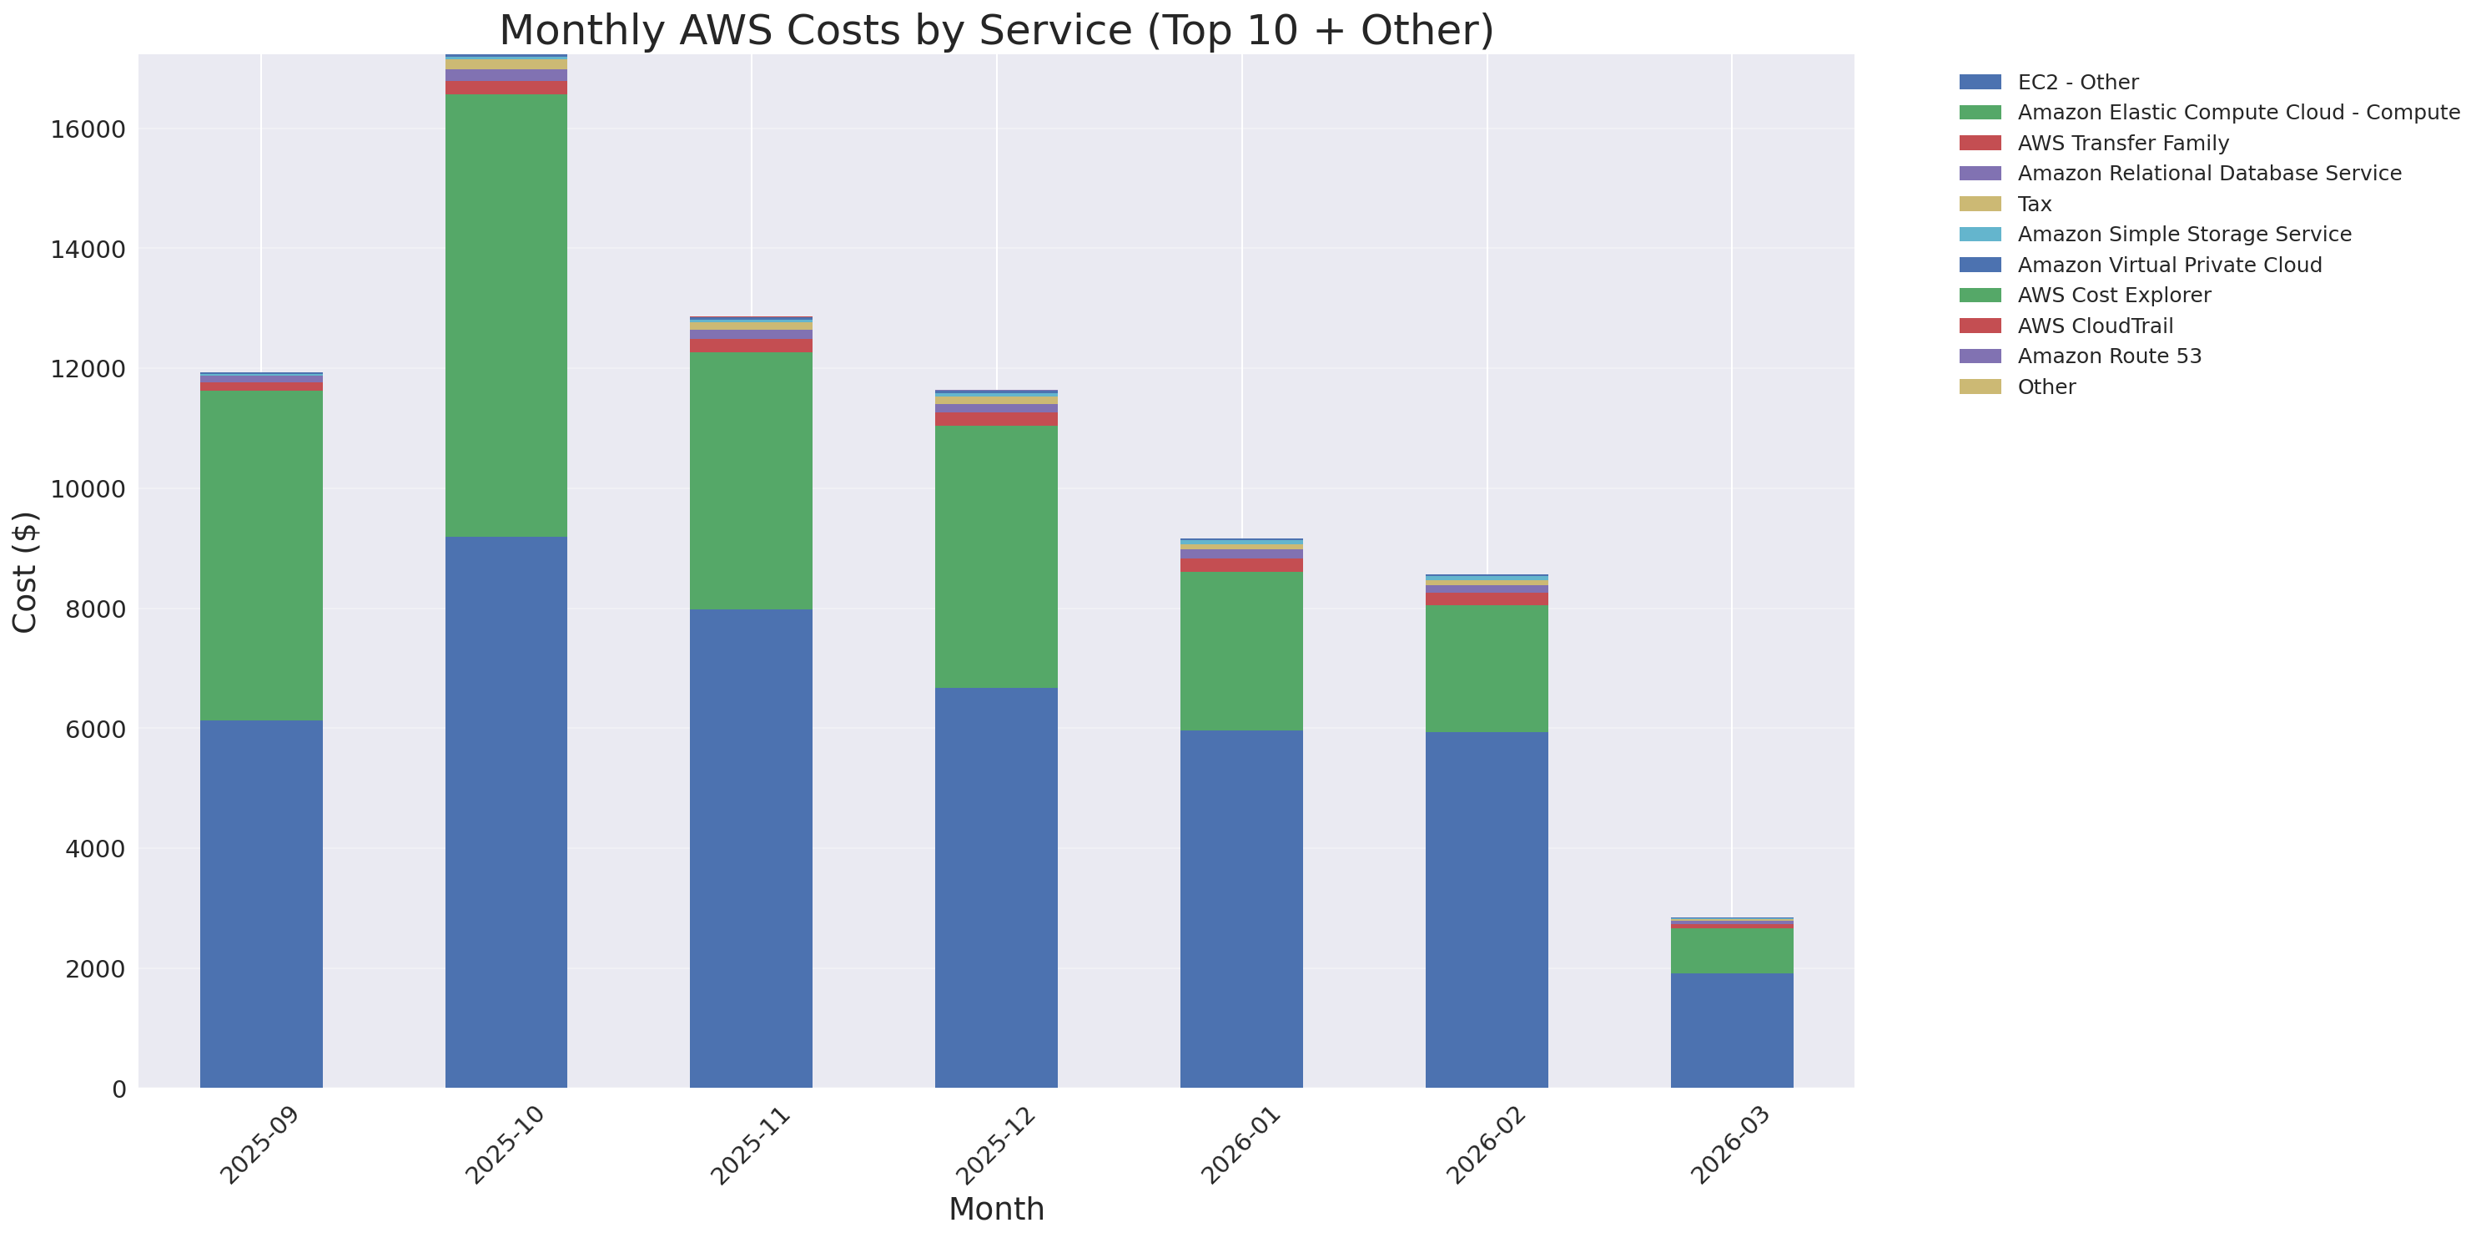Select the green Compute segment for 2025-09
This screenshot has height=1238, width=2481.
261,555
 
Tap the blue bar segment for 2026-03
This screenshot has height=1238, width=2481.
1731,1030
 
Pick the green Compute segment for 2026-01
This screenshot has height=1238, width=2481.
1240,650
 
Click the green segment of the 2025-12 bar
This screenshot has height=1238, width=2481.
996,556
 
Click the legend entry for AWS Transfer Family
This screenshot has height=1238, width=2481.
2123,143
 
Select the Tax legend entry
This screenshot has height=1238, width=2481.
2034,205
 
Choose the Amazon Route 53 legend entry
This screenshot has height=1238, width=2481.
2109,356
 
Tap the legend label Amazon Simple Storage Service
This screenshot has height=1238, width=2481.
2183,234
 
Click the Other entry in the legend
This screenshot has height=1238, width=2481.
2046,387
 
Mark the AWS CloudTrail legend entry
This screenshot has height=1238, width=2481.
2095,326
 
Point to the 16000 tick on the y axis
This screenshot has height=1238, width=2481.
88,130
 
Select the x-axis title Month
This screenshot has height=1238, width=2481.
996,1209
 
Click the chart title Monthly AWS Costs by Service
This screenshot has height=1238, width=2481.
996,31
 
